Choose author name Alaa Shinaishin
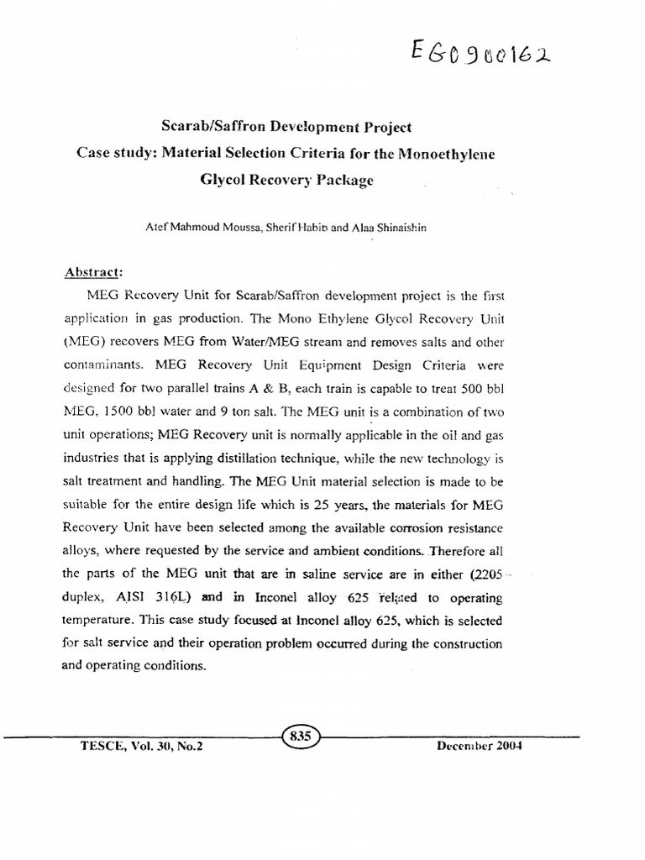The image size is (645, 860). (391, 227)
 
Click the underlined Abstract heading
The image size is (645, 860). (94, 273)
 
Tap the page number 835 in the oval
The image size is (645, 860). (300, 736)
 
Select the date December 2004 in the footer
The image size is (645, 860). (480, 746)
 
